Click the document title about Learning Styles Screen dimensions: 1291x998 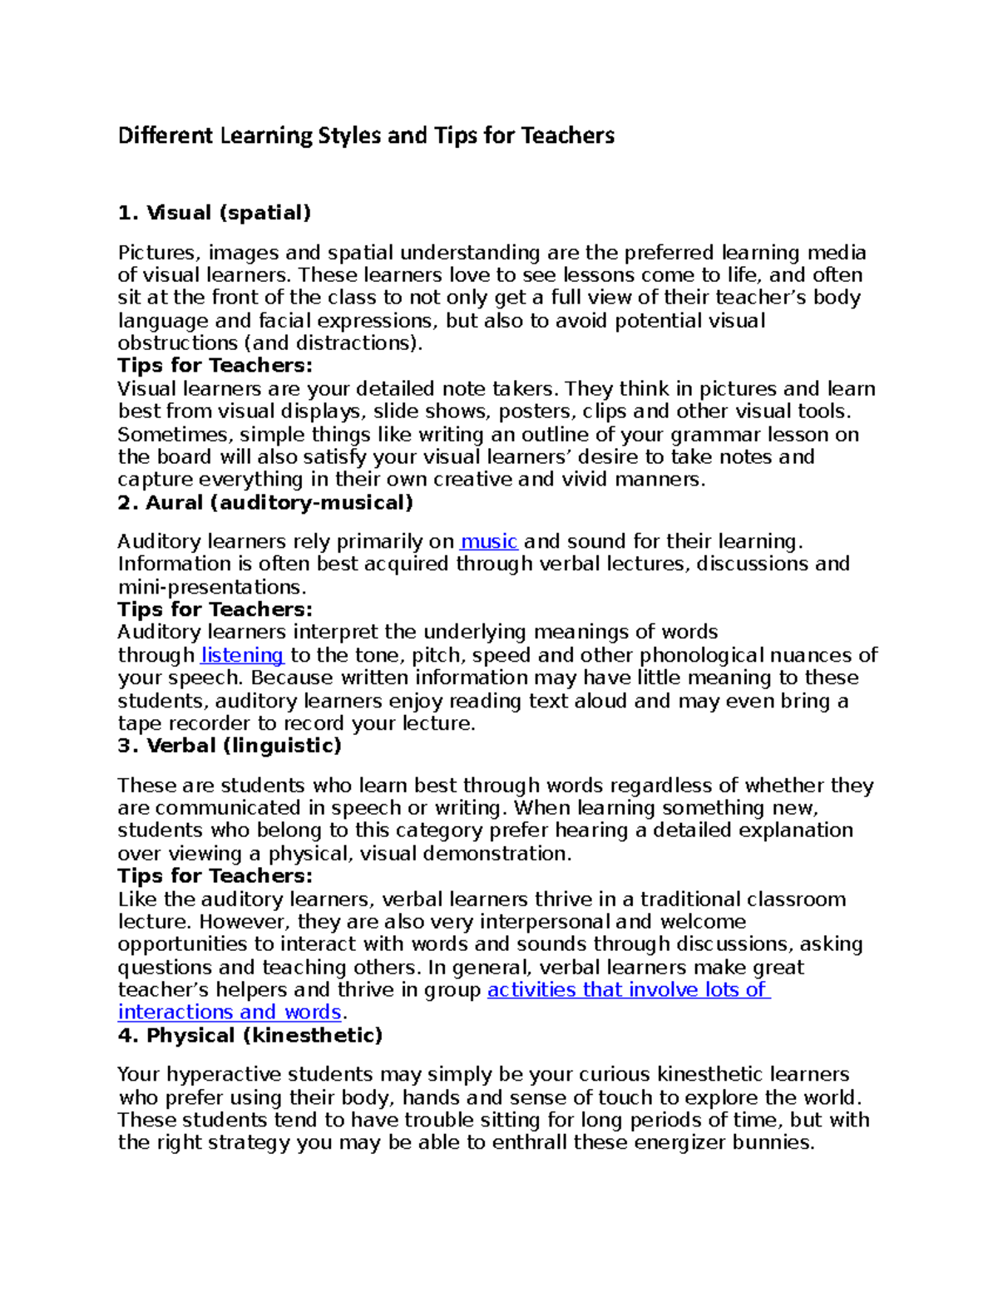click(x=366, y=136)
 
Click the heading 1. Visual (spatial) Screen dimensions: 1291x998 click(x=215, y=213)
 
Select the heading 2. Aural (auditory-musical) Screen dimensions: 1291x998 click(x=265, y=502)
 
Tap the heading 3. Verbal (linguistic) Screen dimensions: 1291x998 click(x=230, y=746)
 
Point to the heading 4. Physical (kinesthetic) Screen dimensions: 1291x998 click(x=250, y=1035)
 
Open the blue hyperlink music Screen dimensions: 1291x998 click(x=489, y=542)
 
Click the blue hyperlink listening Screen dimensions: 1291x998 click(x=243, y=655)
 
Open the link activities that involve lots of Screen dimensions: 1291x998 click(x=628, y=990)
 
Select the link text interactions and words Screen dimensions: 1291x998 click(x=230, y=1013)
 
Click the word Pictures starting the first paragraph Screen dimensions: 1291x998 click(x=155, y=253)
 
